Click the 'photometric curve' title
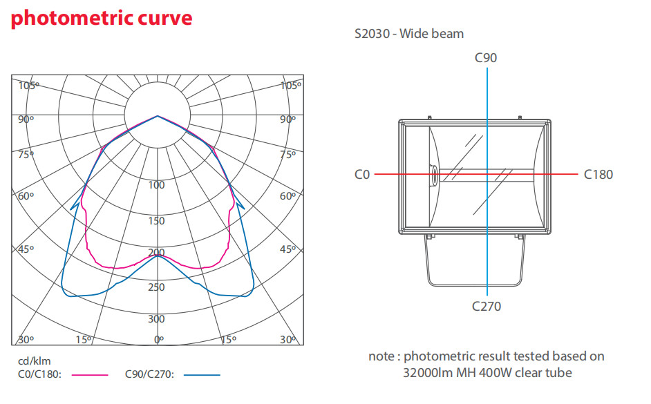102,19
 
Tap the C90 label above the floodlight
486,58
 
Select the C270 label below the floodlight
487,306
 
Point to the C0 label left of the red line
362,175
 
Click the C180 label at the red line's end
598,175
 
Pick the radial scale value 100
157,185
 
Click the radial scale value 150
157,221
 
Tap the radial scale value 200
157,253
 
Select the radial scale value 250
157,287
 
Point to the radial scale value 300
157,319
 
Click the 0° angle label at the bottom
159,340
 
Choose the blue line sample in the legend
202,375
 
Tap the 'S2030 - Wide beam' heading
408,33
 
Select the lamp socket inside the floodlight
433,175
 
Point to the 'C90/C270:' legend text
149,375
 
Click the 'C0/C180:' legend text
39,375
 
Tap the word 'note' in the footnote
382,357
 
